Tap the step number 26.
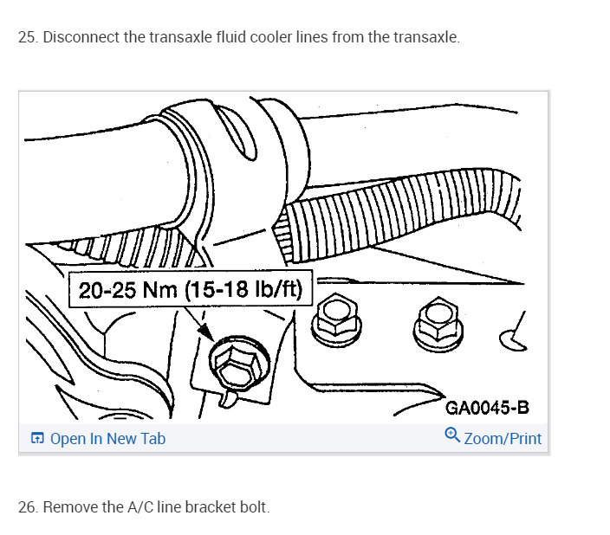click(27, 507)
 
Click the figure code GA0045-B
click(486, 407)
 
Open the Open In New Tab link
click(107, 439)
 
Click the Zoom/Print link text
click(503, 439)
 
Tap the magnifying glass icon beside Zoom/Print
click(452, 436)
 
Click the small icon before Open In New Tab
click(37, 439)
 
